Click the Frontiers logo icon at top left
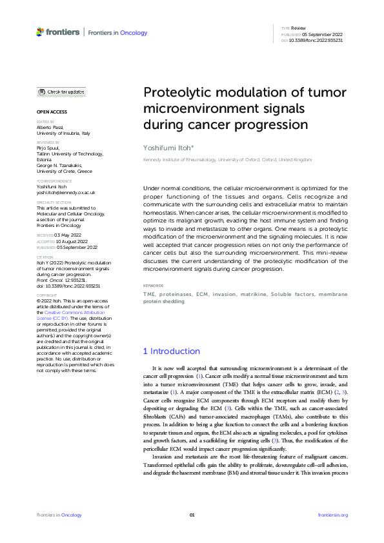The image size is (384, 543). tap(41, 32)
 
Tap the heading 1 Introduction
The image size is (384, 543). tap(171, 351)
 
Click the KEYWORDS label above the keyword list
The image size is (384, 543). tap(152, 284)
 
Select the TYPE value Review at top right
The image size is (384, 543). tap(299, 28)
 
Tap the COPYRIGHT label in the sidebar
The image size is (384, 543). tap(48, 295)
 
